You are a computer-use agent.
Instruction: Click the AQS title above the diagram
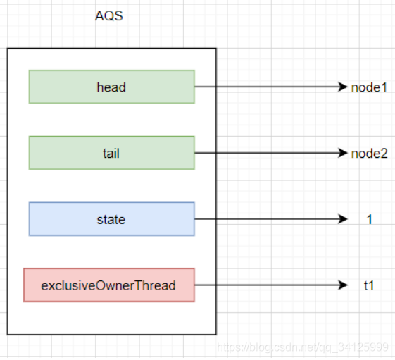[109, 15]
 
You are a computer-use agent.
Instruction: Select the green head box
[111, 87]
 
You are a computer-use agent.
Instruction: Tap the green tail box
[111, 153]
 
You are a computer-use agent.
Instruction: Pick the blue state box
[111, 219]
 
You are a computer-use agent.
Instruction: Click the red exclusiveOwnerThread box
[109, 285]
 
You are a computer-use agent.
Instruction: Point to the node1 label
[369, 87]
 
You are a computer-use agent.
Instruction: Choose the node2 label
[370, 154]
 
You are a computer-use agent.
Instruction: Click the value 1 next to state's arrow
[370, 219]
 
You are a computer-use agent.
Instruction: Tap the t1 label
[369, 285]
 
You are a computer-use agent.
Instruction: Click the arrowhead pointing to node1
[343, 87]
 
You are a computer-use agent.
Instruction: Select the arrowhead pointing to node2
[343, 153]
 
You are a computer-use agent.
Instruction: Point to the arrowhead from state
[343, 219]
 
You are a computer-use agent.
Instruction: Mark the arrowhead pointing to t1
[343, 285]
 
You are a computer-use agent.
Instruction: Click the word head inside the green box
[111, 87]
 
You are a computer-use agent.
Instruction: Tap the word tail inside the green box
[111, 154]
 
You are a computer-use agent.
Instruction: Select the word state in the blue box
[111, 220]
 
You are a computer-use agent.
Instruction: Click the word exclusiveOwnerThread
[108, 285]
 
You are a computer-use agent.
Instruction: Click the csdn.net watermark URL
[303, 347]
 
